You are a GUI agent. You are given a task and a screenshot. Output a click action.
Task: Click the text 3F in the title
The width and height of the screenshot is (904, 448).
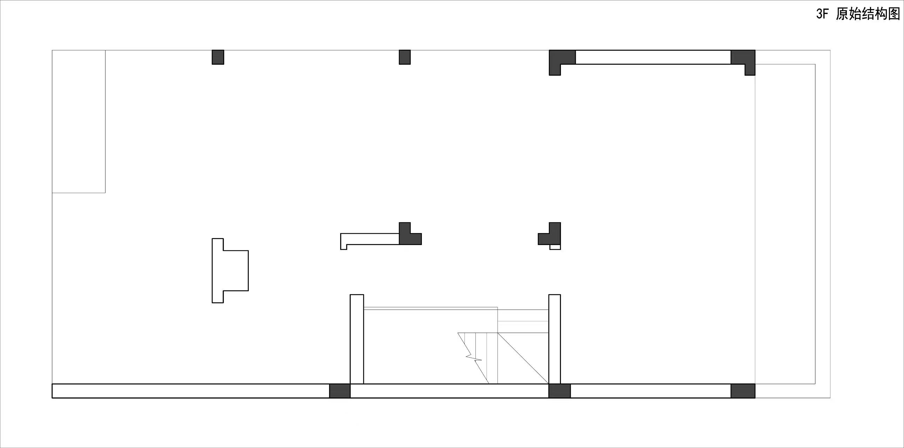pyautogui.click(x=823, y=14)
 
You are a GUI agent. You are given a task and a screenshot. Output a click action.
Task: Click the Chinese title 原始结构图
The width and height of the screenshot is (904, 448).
pyautogui.click(x=868, y=14)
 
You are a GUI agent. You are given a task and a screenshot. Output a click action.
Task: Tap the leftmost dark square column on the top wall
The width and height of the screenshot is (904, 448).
pyautogui.click(x=218, y=57)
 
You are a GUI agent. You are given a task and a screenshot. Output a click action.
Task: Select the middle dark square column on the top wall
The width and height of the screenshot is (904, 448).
pyautogui.click(x=405, y=57)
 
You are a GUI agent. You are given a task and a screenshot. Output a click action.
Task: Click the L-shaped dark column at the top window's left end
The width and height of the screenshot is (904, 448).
pyautogui.click(x=558, y=58)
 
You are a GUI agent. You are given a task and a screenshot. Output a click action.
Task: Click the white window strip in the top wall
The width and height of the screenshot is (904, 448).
pyautogui.click(x=653, y=57)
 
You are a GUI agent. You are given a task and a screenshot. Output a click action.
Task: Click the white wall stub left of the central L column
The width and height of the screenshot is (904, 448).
pyautogui.click(x=369, y=239)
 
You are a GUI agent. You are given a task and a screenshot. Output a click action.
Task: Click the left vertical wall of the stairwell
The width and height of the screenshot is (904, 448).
pyautogui.click(x=357, y=339)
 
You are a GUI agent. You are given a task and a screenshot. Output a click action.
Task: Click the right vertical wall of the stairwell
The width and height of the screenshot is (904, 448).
pyautogui.click(x=554, y=339)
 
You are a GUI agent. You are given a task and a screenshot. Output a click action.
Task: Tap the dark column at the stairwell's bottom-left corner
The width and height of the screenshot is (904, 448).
pyautogui.click(x=340, y=391)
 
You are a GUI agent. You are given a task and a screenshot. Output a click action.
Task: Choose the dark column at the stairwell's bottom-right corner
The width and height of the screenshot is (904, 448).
pyautogui.click(x=559, y=391)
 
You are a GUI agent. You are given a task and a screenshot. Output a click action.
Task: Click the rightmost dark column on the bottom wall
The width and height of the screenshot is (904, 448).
pyautogui.click(x=743, y=391)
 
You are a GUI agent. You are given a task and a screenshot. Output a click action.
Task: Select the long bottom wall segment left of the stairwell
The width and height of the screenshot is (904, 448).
pyautogui.click(x=191, y=391)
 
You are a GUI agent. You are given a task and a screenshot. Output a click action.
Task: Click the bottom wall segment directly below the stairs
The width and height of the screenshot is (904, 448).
pyautogui.click(x=450, y=391)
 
